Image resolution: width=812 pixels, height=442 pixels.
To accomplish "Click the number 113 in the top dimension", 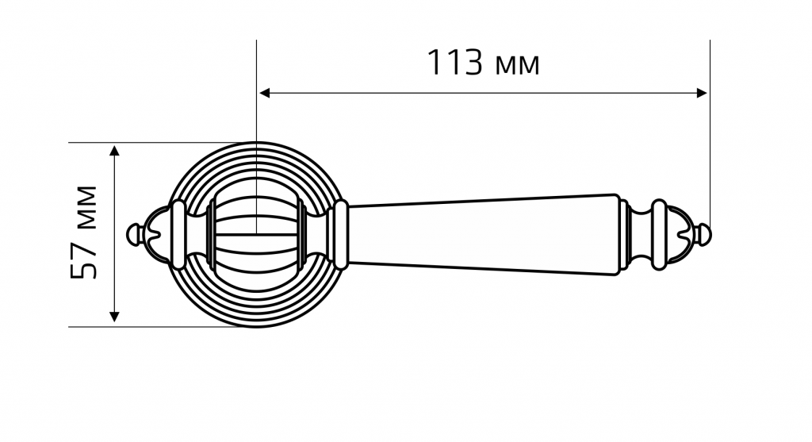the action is tap(455, 63).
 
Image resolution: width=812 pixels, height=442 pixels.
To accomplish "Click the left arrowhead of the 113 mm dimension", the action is tap(265, 94).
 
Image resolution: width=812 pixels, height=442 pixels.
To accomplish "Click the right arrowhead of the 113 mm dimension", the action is tap(702, 94).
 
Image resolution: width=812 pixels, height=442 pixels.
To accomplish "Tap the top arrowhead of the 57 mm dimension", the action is tap(115, 151).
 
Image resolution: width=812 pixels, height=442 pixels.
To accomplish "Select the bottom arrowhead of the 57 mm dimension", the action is tap(115, 317).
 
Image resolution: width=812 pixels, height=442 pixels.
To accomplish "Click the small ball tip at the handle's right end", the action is tap(705, 235).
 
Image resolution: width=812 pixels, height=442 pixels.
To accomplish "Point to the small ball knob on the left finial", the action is tap(133, 235).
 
